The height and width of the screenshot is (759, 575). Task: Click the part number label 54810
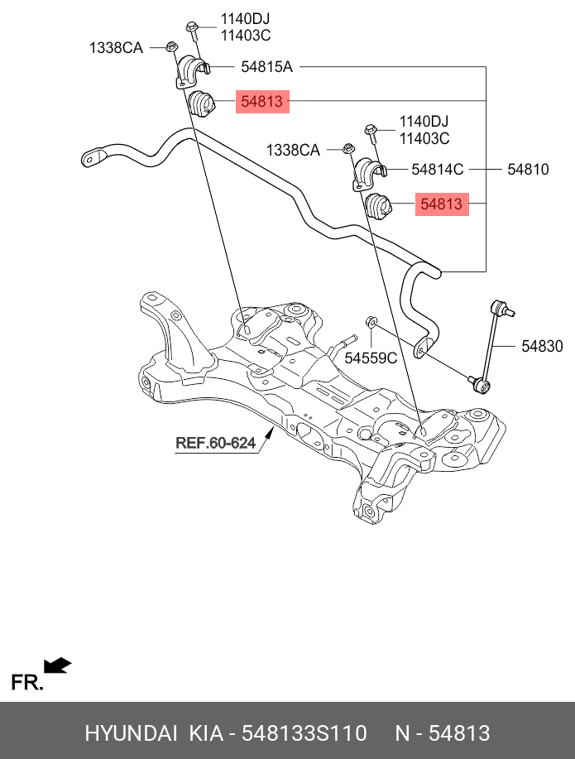pos(527,170)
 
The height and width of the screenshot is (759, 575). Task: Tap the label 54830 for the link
pos(542,346)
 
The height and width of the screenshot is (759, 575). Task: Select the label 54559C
pos(371,358)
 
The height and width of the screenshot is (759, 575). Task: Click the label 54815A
pos(267,67)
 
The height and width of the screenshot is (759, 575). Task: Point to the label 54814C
pos(438,170)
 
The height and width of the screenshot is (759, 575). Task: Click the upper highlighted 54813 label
pos(261,102)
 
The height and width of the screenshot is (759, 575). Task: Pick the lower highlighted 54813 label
pos(442,203)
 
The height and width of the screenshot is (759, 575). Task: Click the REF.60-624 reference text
pos(215,443)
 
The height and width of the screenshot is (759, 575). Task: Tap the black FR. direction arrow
pos(57,665)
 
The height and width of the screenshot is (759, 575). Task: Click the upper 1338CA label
pos(116,48)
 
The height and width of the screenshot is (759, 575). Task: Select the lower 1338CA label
pos(292,150)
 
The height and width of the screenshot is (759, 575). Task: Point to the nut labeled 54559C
pos(372,321)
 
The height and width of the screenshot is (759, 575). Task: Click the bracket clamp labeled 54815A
pos(193,71)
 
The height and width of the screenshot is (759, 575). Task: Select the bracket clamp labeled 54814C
pos(370,174)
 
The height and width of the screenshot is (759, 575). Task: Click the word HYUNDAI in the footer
pos(131,733)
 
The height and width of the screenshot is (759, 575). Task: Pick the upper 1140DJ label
pos(245,18)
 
